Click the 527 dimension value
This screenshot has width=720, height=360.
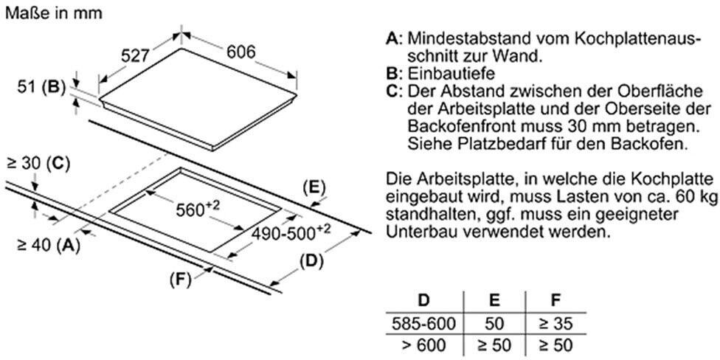click(x=136, y=56)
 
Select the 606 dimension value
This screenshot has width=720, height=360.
click(x=240, y=52)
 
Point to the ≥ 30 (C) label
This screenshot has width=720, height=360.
click(x=38, y=164)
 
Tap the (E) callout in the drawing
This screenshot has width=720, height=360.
click(x=314, y=188)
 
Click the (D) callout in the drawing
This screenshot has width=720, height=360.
click(x=311, y=262)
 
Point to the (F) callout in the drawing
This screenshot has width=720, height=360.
click(x=180, y=280)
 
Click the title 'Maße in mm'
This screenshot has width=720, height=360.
click(x=54, y=13)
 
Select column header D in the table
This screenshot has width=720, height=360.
click(x=424, y=301)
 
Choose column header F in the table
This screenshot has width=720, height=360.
click(x=556, y=301)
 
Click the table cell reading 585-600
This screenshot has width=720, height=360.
click(x=424, y=324)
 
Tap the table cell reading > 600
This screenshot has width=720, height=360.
click(x=424, y=344)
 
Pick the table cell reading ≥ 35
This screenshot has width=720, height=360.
click(x=556, y=324)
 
